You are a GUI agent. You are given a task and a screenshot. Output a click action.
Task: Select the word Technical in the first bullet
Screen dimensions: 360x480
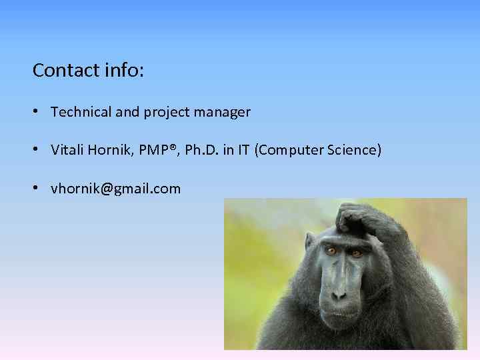[x=81, y=113]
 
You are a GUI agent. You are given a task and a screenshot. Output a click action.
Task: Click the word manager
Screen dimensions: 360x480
[x=222, y=113]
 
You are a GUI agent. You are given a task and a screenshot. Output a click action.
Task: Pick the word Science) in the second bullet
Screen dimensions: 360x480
[x=355, y=151]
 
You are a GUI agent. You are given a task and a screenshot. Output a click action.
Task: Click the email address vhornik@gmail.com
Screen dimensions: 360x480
[x=115, y=189]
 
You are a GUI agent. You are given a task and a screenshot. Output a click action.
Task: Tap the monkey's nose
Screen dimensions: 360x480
[x=339, y=291]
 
